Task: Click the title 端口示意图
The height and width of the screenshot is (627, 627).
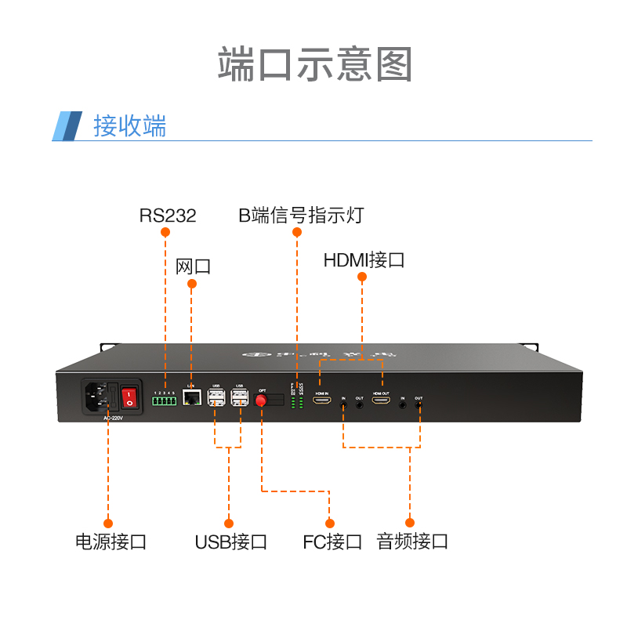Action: pyautogui.click(x=314, y=64)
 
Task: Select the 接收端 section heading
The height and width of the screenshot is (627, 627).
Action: pyautogui.click(x=130, y=126)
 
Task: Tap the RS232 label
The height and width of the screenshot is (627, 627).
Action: pyautogui.click(x=167, y=216)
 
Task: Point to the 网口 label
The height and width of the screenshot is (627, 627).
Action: pyautogui.click(x=193, y=266)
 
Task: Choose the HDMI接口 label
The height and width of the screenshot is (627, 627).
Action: pyautogui.click(x=364, y=260)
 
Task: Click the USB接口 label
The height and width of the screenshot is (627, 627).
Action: pyautogui.click(x=230, y=542)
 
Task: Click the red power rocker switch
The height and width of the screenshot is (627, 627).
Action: pyautogui.click(x=129, y=396)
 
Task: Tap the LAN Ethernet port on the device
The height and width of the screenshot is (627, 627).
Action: pyautogui.click(x=190, y=398)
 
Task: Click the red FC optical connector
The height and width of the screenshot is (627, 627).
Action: pyautogui.click(x=262, y=400)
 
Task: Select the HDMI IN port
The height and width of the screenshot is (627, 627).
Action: pyautogui.click(x=321, y=400)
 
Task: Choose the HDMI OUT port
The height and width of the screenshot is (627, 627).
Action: pyautogui.click(x=381, y=400)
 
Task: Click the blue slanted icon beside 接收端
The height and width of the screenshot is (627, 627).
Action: pyautogui.click(x=67, y=126)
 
